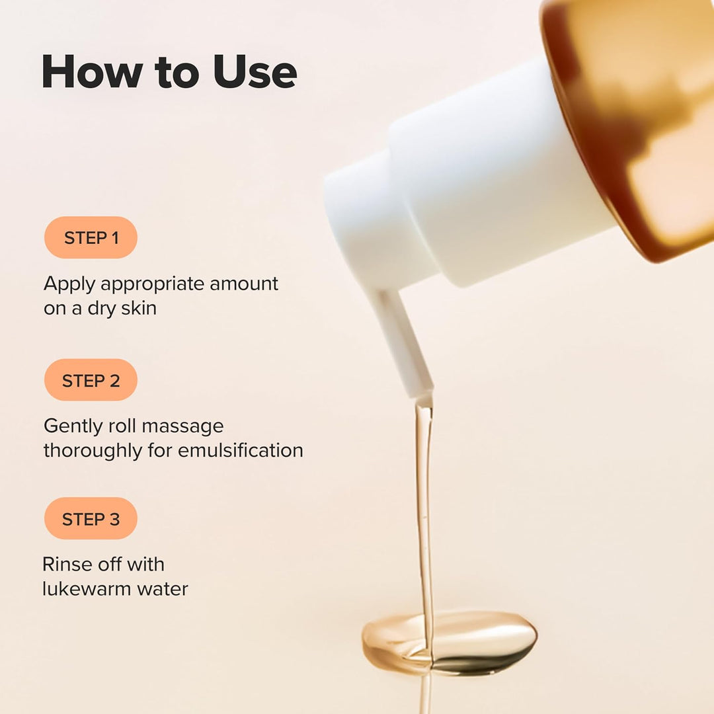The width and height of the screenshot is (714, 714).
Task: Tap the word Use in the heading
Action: tap(255, 71)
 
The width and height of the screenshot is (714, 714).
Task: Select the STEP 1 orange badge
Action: tap(91, 237)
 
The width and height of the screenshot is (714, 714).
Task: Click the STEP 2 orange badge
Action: tap(91, 380)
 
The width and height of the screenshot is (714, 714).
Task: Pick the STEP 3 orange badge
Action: tap(91, 519)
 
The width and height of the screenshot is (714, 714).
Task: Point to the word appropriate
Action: tap(153, 284)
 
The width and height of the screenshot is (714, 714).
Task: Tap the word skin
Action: tap(138, 308)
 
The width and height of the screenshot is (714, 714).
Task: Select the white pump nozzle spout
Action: tap(401, 340)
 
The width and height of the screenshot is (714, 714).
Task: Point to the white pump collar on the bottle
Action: tap(489, 178)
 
